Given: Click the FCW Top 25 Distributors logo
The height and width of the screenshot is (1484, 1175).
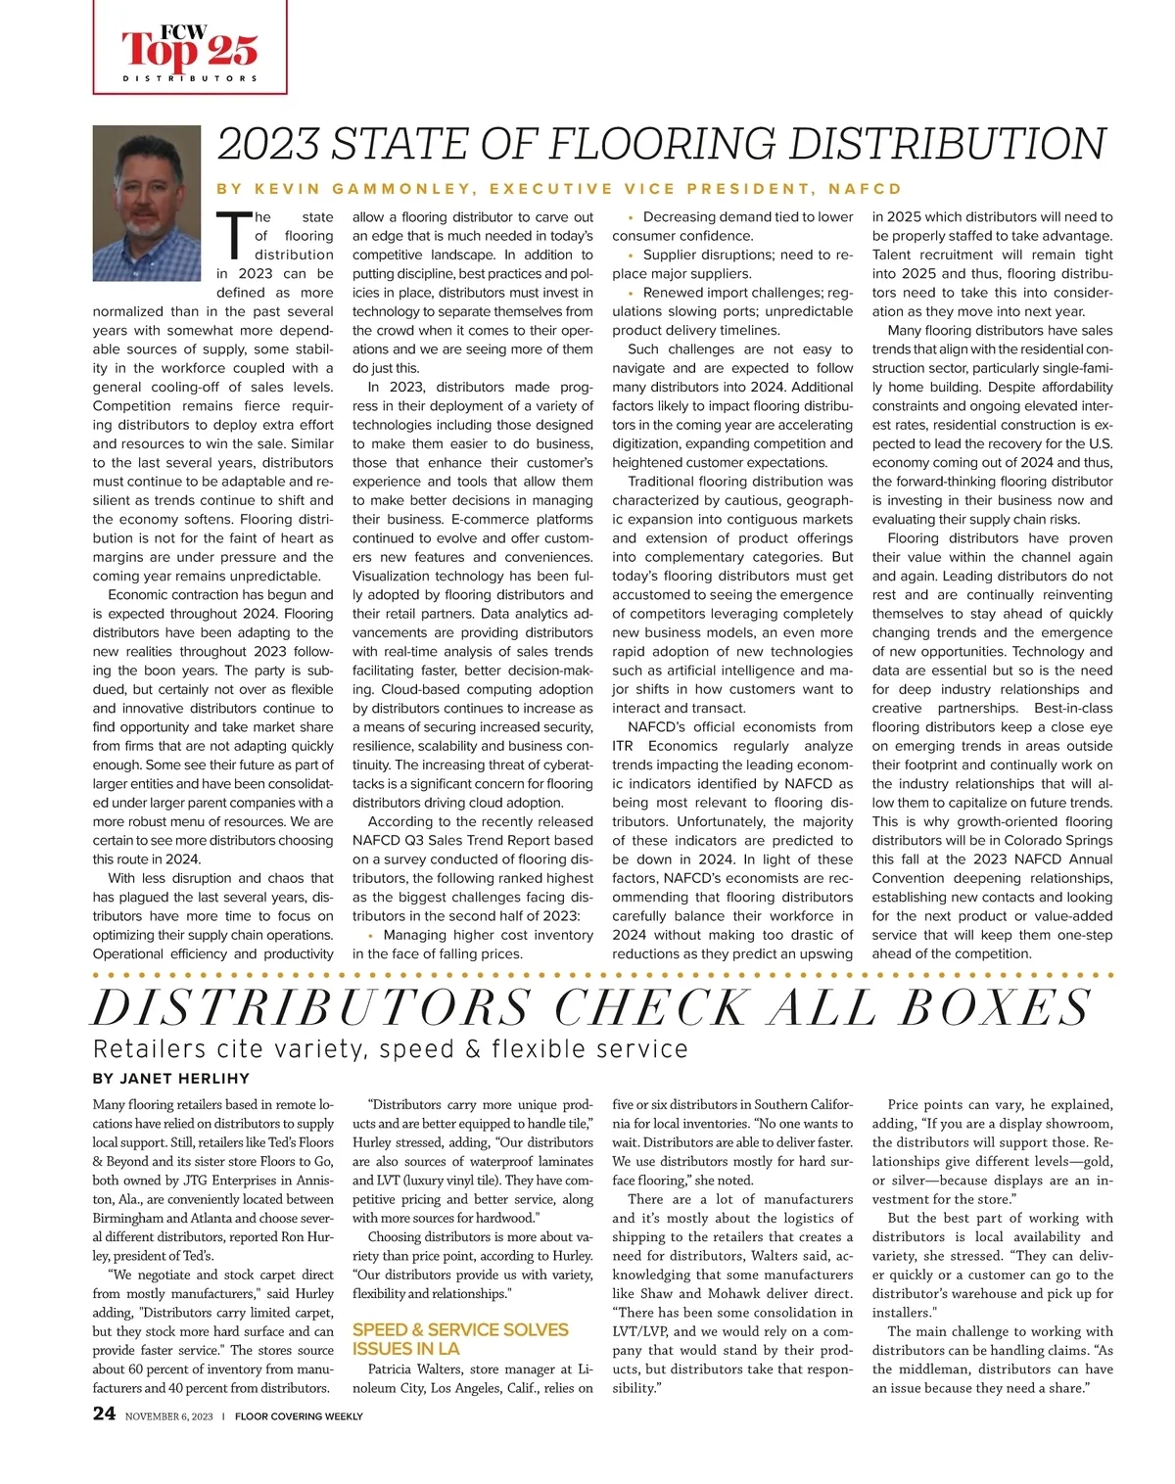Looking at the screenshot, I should click(190, 49).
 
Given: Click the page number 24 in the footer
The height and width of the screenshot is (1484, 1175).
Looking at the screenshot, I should click(104, 1414).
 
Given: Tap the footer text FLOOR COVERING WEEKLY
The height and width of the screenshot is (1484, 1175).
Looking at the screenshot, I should click(299, 1415).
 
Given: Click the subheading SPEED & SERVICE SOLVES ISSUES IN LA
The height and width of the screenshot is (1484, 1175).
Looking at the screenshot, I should click(460, 1338).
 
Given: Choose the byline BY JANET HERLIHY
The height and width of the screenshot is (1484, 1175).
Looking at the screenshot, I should click(171, 1078).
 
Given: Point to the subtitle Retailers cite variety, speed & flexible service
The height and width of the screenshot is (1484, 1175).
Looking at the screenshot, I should click(391, 1048).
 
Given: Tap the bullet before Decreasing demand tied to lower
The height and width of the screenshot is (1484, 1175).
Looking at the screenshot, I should click(631, 217).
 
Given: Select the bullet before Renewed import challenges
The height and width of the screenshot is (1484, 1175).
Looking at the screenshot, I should click(631, 293).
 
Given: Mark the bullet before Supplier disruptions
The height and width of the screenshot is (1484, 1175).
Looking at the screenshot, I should click(631, 255).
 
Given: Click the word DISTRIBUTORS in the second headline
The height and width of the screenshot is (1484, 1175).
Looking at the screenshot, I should click(311, 1007).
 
